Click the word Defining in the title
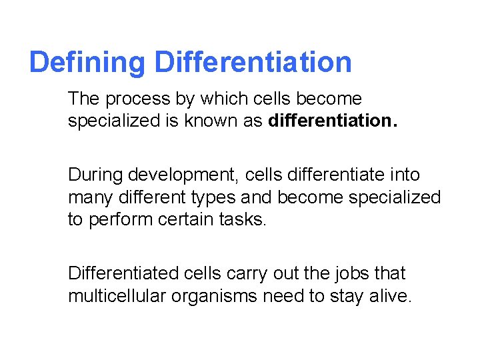[87, 63]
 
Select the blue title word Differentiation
[253, 63]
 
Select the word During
[95, 175]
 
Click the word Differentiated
[120, 273]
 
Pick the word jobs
[351, 273]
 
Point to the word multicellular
[118, 296]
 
